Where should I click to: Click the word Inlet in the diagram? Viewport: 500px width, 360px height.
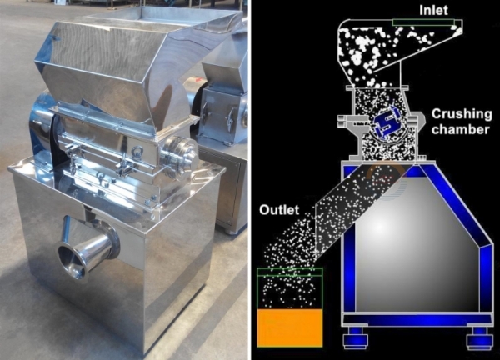[x=433, y=10]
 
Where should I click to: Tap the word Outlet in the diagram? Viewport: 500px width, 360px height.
[x=279, y=210]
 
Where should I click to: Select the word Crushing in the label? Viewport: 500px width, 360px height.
[x=462, y=115]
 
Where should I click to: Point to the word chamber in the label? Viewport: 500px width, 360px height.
[x=461, y=129]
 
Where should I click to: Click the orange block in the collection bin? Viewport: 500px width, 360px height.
[x=289, y=327]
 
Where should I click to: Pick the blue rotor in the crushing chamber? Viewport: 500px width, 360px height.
[x=387, y=122]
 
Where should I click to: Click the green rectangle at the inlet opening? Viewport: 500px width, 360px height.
[x=423, y=22]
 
